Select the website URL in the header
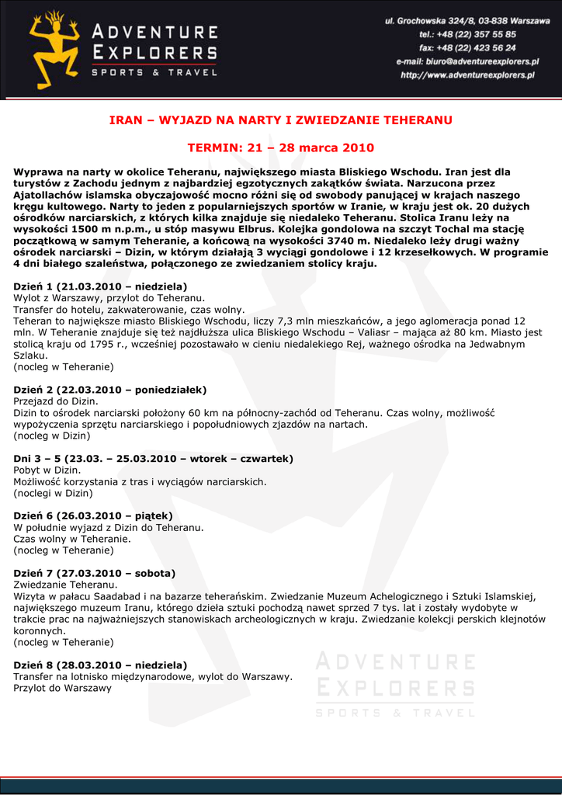(467, 75)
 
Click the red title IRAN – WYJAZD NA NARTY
(280, 120)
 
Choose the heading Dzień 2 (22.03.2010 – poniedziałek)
(110, 390)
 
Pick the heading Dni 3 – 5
(154, 459)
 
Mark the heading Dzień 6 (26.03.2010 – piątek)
(93, 516)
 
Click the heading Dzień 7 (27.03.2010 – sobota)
(95, 573)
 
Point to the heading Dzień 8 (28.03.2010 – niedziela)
(101, 665)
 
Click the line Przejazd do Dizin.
(56, 401)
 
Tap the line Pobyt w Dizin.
(47, 470)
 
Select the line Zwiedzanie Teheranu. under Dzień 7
(65, 585)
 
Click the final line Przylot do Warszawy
(63, 688)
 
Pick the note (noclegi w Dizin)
(54, 493)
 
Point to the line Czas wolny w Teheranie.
(72, 539)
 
